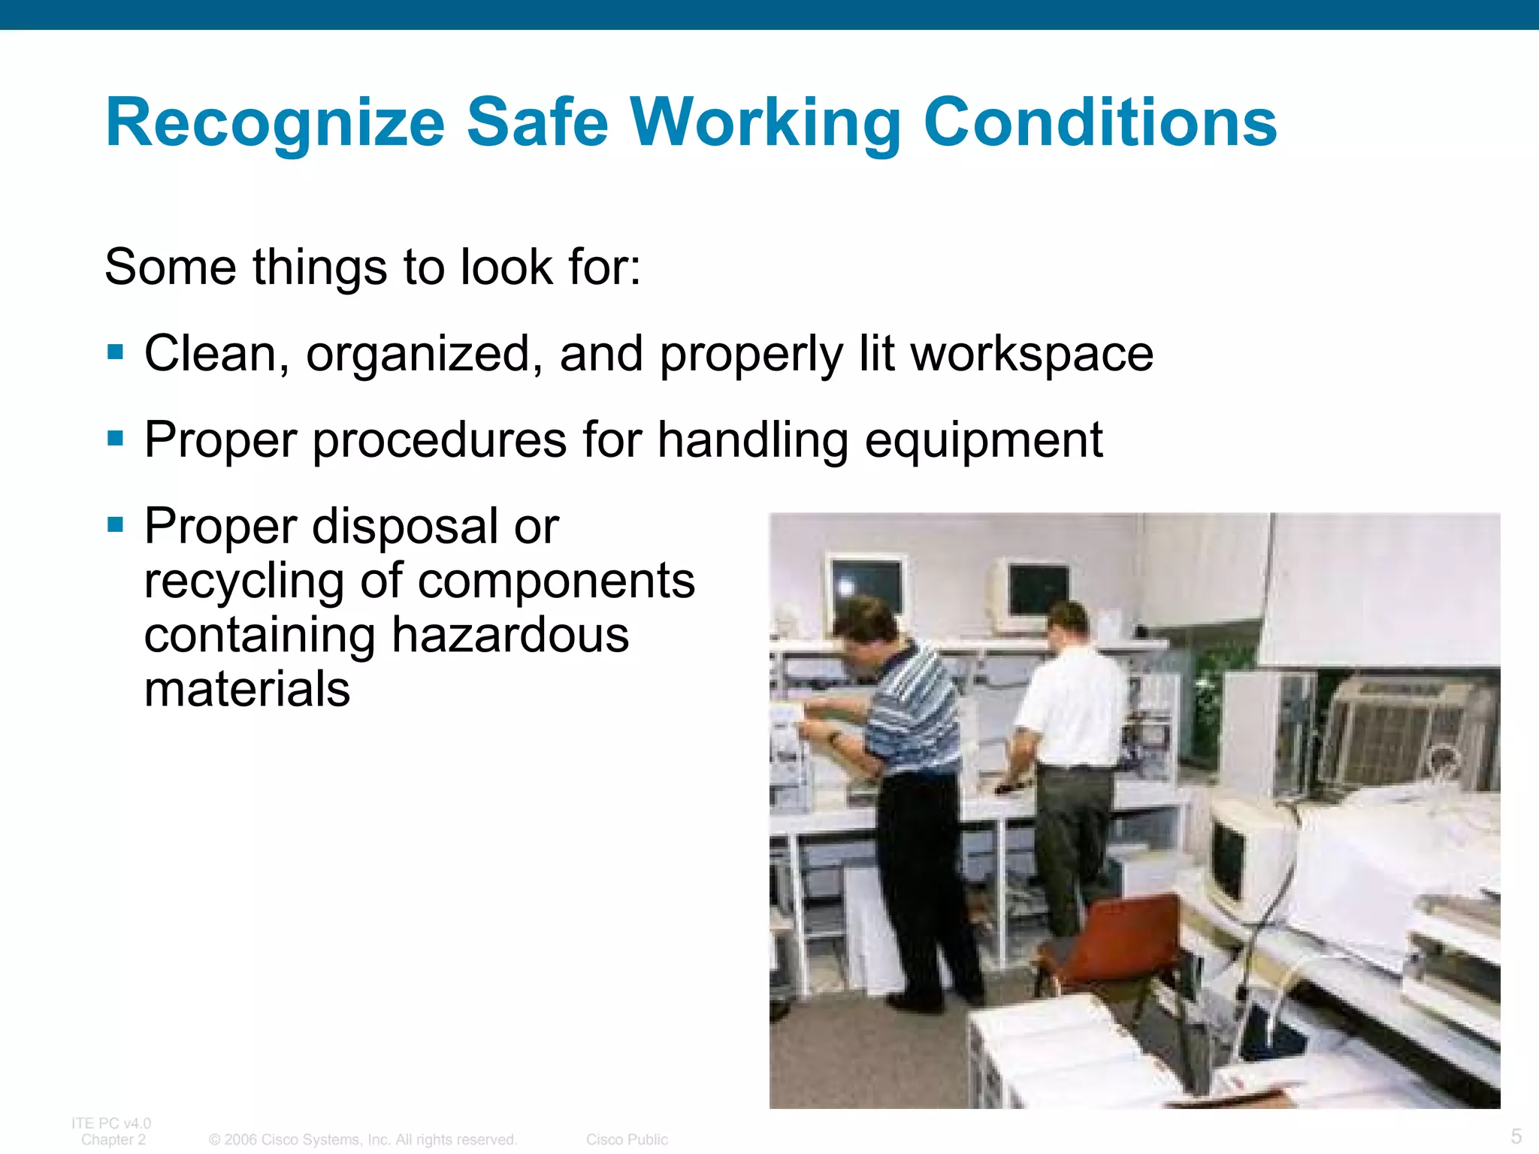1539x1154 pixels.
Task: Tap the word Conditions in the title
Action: (1100, 122)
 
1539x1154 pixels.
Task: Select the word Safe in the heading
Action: (537, 122)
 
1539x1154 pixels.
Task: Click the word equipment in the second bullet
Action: (984, 441)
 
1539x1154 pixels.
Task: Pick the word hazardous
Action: (510, 636)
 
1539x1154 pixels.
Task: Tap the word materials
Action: (247, 690)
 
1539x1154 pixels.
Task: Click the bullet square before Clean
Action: (115, 352)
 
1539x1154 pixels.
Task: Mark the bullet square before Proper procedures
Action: (115, 438)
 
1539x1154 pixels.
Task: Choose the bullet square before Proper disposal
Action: (115, 524)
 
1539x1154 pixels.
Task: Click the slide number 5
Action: (1516, 1136)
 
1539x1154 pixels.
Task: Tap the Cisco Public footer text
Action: (627, 1140)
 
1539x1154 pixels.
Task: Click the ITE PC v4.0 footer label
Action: (111, 1123)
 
